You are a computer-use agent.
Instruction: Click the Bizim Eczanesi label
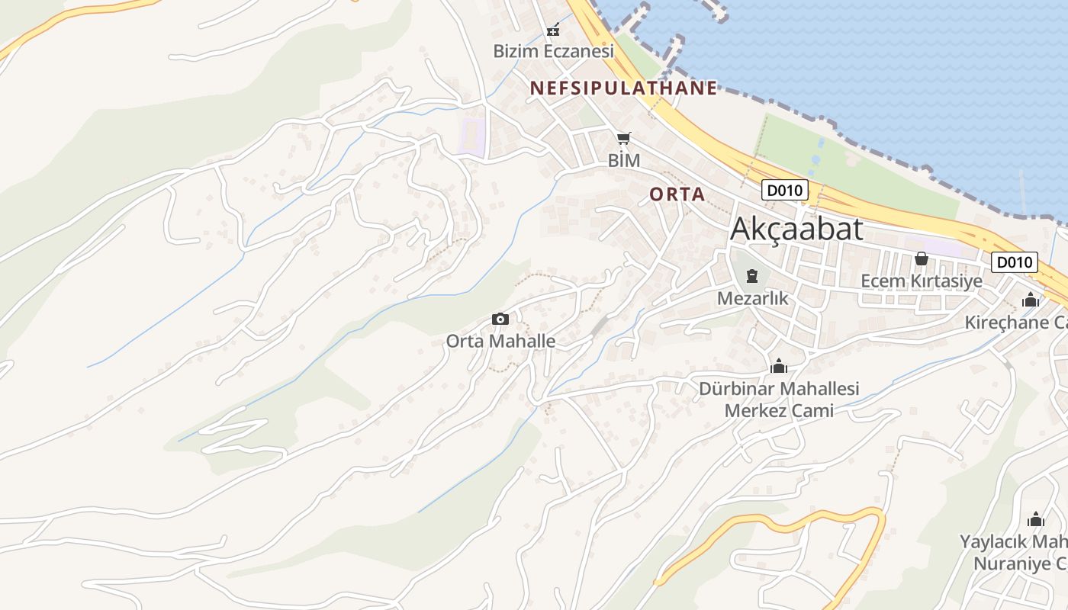(x=553, y=52)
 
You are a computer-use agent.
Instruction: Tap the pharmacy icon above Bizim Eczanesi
(x=553, y=30)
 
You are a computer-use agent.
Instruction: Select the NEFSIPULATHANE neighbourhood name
(x=624, y=88)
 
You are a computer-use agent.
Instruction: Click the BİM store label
(x=623, y=161)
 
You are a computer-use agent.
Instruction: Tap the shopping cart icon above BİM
(x=624, y=139)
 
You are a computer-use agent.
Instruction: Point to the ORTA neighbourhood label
(x=677, y=194)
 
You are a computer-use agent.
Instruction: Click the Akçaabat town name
(x=796, y=229)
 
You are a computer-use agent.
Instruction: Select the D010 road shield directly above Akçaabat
(x=784, y=190)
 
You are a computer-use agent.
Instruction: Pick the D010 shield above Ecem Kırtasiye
(x=1015, y=263)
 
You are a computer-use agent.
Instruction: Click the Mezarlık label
(x=752, y=298)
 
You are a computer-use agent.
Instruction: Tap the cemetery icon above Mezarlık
(x=752, y=276)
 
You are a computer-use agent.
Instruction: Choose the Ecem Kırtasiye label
(x=921, y=281)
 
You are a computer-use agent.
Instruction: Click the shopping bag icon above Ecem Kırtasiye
(x=921, y=258)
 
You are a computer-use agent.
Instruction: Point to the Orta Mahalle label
(x=500, y=341)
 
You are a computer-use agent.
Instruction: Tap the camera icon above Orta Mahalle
(x=500, y=319)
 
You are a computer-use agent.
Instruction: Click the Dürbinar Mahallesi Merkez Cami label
(x=779, y=400)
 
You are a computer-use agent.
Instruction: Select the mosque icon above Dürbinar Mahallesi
(x=779, y=367)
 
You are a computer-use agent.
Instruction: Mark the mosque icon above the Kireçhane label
(x=1031, y=300)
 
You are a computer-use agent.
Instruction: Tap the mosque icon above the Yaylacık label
(x=1035, y=520)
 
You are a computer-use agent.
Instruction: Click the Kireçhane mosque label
(x=1015, y=323)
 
